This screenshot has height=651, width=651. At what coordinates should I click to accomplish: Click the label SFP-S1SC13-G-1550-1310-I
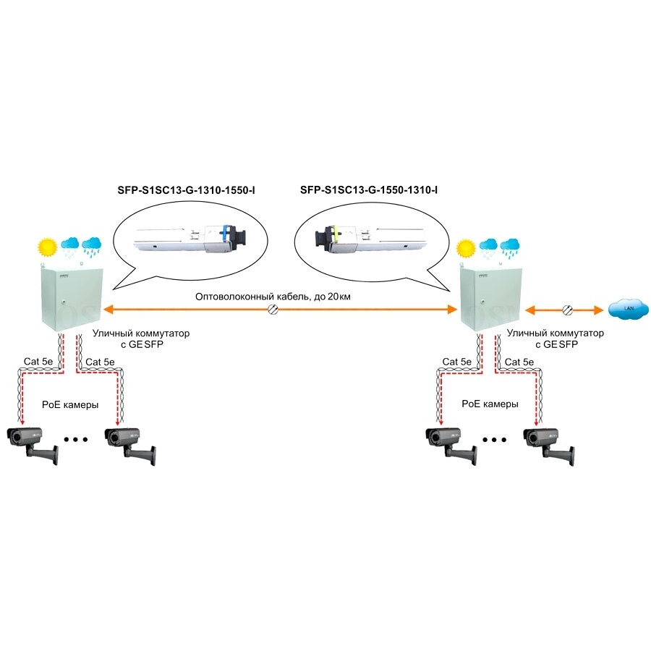pyautogui.click(x=369, y=191)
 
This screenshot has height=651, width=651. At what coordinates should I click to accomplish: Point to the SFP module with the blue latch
pyautogui.click(x=191, y=239)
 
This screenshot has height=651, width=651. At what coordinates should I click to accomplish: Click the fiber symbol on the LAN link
pyautogui.click(x=566, y=310)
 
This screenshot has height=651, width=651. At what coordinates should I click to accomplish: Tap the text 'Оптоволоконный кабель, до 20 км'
pyautogui.click(x=272, y=297)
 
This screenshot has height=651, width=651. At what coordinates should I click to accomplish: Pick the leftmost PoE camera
pyautogui.click(x=33, y=442)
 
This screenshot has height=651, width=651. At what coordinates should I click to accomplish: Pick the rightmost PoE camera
pyautogui.click(x=549, y=442)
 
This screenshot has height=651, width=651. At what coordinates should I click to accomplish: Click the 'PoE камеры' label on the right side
pyautogui.click(x=490, y=404)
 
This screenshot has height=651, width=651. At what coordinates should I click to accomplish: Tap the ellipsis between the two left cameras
pyautogui.click(x=76, y=439)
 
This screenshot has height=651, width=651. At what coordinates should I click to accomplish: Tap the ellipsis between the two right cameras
pyautogui.click(x=495, y=439)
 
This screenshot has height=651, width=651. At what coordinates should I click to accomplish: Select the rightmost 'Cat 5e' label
pyautogui.click(x=519, y=362)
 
